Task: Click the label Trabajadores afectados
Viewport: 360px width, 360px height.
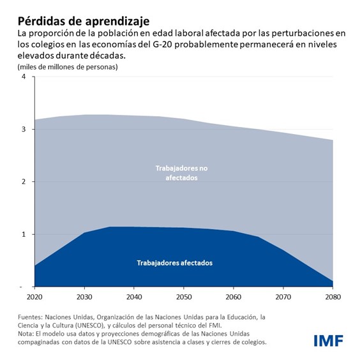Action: tap(174, 263)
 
